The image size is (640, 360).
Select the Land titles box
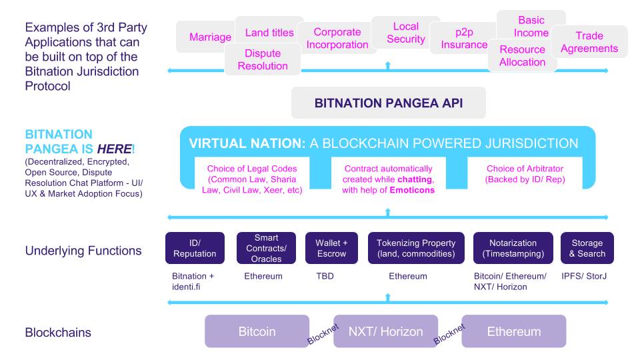(269, 32)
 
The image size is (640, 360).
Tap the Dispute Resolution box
(263, 60)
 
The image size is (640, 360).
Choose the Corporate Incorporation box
(337, 39)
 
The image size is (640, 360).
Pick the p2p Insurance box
(464, 39)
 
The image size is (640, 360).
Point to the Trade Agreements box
(589, 42)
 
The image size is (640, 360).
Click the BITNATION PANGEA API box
(389, 103)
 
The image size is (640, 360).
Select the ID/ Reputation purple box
(195, 248)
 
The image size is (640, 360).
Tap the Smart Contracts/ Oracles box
(266, 248)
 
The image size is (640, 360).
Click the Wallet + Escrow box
(331, 248)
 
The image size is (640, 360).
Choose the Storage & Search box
(587, 248)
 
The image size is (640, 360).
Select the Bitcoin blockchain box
(257, 331)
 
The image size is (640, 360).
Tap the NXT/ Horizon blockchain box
(385, 331)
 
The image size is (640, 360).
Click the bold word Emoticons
(412, 190)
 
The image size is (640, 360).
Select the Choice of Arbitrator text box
(525, 174)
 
